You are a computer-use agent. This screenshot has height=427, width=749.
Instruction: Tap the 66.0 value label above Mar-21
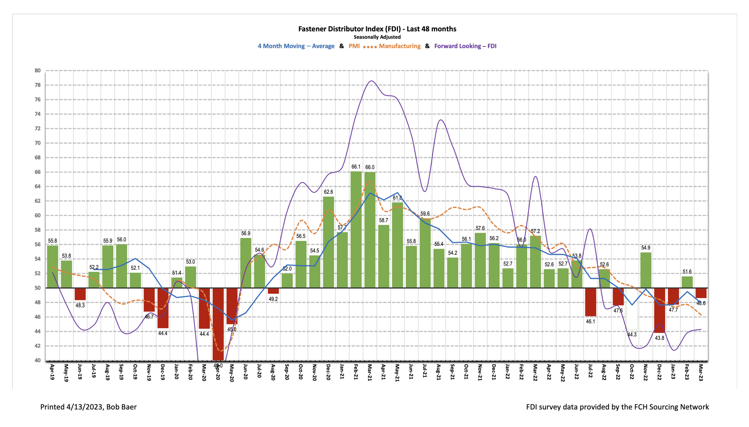(x=370, y=167)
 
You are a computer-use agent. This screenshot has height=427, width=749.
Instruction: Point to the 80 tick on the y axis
(x=37, y=70)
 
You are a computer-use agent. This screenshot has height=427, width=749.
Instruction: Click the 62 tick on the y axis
(x=37, y=201)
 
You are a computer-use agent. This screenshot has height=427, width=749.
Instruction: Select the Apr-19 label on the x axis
(x=52, y=372)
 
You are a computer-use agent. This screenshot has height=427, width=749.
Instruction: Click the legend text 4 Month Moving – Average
(x=296, y=46)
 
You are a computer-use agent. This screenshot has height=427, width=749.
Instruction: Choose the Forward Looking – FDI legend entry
(x=465, y=46)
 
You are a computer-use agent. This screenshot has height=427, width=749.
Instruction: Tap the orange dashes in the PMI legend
(x=370, y=47)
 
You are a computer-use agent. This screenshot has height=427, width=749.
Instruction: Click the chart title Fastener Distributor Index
(x=377, y=29)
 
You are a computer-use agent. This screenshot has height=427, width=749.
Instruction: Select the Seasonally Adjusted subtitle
(x=377, y=37)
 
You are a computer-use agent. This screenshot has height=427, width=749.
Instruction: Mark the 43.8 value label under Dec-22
(x=659, y=338)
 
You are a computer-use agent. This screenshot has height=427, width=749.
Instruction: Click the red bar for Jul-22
(x=590, y=302)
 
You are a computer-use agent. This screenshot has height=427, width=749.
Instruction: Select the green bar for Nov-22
(x=645, y=270)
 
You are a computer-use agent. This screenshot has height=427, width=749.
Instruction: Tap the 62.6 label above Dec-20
(x=328, y=192)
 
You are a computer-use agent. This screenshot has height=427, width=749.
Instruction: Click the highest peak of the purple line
(x=371, y=81)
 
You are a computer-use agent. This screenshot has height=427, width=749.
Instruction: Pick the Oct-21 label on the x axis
(x=466, y=372)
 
